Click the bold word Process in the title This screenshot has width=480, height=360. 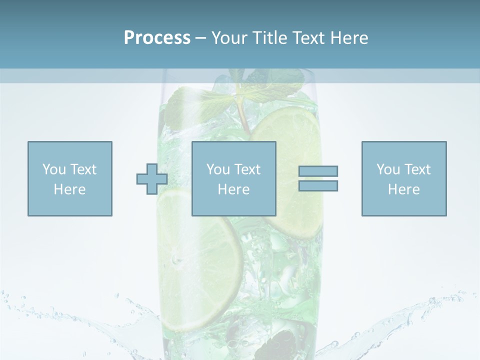(157, 38)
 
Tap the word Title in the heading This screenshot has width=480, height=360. (270, 38)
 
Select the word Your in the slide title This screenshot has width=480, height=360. (231, 38)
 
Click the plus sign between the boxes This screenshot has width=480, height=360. (152, 179)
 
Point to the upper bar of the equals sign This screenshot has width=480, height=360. (318, 171)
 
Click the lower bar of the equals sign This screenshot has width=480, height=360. (318, 185)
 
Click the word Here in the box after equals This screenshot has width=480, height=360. (404, 189)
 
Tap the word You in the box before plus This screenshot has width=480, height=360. (54, 169)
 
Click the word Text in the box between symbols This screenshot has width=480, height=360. (247, 169)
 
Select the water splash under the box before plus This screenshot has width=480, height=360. (75, 320)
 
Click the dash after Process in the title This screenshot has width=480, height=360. (200, 38)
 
